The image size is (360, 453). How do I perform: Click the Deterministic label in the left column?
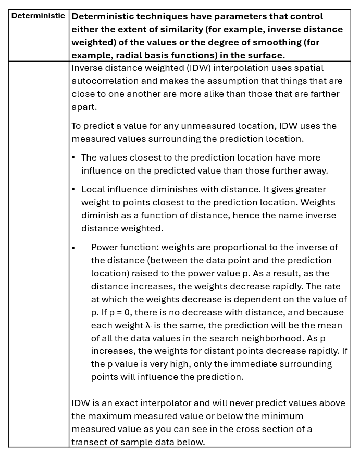coord(38,16)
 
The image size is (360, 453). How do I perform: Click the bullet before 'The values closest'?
coord(73,157)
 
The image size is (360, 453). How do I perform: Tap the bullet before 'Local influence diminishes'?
coord(73,189)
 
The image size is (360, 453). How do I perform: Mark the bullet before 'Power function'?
coord(73,248)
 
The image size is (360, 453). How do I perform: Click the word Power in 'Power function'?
coord(104,247)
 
